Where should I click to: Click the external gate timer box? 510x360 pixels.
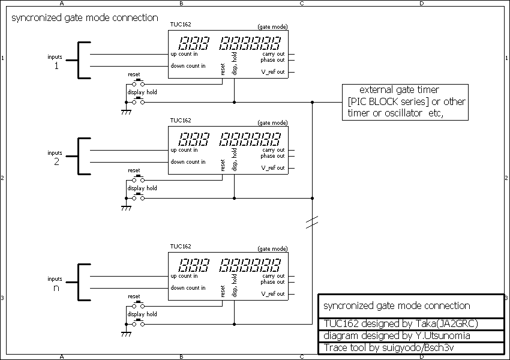coord(405,102)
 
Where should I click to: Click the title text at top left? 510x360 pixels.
coord(85,18)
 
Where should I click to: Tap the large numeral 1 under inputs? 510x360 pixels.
coord(56,66)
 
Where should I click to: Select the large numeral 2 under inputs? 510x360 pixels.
coord(56,162)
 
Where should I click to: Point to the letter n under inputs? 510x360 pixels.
coord(56,288)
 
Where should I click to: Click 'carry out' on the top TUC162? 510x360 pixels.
coord(273,54)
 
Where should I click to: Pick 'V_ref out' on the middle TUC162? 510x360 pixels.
coord(272,168)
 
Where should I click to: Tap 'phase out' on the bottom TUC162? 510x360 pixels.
coord(272,282)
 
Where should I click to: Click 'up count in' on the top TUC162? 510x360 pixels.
coord(184,54)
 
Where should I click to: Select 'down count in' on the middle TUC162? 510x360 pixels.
coord(188,162)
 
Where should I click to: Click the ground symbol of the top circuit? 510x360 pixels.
coord(126,112)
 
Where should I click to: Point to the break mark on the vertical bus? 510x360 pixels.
coord(312,223)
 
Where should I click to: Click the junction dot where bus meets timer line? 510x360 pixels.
coord(312,102)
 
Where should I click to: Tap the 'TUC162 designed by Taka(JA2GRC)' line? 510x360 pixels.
coord(400,324)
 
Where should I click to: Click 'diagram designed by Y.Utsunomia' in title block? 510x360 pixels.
coord(397,336)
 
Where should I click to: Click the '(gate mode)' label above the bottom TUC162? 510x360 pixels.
coord(272,248)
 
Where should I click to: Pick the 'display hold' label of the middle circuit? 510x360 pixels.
coord(142,188)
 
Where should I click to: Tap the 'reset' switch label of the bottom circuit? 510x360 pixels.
coord(134,296)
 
